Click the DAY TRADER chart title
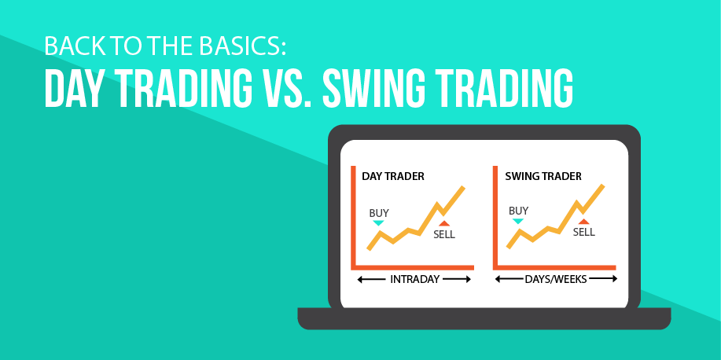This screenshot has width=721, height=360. click(x=392, y=176)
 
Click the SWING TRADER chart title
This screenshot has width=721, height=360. click(x=543, y=176)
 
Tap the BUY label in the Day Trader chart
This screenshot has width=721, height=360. click(x=379, y=213)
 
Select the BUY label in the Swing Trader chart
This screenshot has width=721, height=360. click(x=519, y=211)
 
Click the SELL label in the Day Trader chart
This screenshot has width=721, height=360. click(x=444, y=234)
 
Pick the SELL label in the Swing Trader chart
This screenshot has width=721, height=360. click(x=584, y=232)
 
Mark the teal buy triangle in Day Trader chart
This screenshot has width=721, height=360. click(x=378, y=223)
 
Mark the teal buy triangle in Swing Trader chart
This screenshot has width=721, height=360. click(x=518, y=221)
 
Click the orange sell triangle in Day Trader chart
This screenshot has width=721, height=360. click(x=444, y=223)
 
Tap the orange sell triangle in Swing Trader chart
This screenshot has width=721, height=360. click(x=584, y=222)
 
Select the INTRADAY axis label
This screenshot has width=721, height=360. click(x=414, y=279)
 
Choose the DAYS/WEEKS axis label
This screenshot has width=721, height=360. click(x=556, y=279)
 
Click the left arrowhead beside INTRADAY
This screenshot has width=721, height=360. click(x=360, y=279)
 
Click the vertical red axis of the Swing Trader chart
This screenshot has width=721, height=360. click(x=495, y=218)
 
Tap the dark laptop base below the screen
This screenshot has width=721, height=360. click(x=484, y=318)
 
